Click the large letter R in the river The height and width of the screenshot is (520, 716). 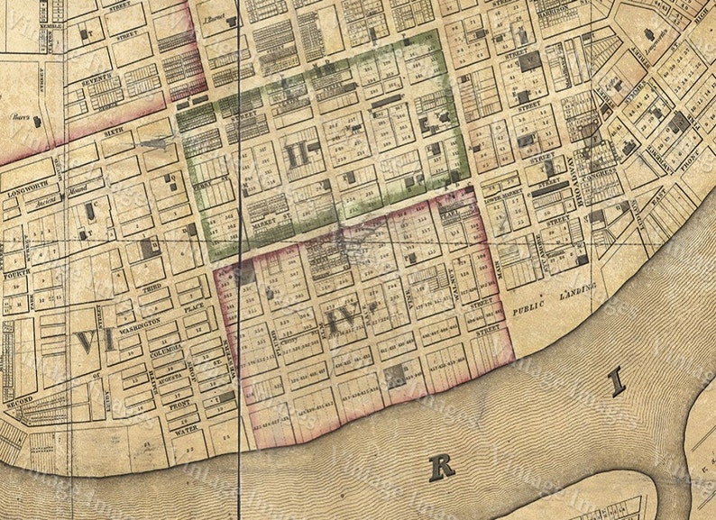pos(442,466)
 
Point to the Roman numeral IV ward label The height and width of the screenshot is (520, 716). pos(344,319)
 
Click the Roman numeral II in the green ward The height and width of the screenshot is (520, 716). pos(297,155)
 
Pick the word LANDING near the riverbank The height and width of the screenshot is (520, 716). pos(577,288)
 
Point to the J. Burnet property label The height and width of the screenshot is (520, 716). pos(213,17)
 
